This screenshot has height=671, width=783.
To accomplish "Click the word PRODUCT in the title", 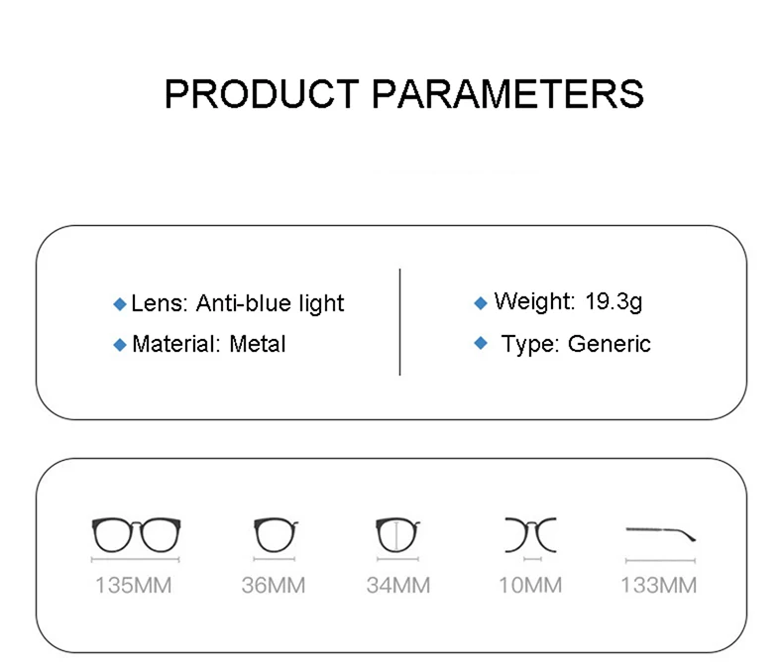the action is click(x=263, y=94).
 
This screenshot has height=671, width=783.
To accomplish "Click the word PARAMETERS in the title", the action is click(x=508, y=94).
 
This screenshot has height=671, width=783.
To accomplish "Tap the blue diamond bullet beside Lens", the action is click(x=120, y=304).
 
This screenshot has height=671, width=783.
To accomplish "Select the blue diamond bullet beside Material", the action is click(x=120, y=345).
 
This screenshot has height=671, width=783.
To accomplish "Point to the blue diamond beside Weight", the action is click(x=481, y=303).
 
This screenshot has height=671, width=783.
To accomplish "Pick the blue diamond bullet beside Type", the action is click(x=481, y=343).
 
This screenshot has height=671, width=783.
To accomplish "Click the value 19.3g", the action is click(x=614, y=302).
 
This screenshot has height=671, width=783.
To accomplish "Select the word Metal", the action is click(x=258, y=344).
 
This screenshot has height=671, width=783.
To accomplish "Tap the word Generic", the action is click(x=610, y=344).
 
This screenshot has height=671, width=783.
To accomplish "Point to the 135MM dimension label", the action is click(x=134, y=585).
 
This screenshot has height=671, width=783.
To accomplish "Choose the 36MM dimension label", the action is click(x=274, y=585).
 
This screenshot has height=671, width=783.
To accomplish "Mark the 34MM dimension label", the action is click(x=398, y=585).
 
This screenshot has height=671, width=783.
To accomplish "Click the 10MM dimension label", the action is click(x=530, y=585).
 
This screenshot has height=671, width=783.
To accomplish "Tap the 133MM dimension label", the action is click(x=659, y=585).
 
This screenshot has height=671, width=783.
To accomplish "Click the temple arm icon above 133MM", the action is click(x=659, y=530).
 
